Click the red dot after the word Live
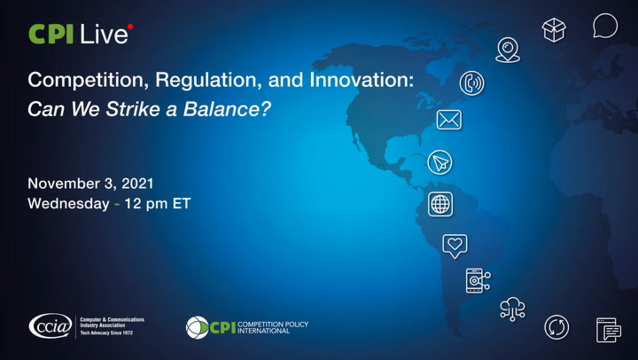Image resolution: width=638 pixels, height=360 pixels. (x=130, y=27)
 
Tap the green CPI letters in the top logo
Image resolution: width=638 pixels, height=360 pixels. (x=51, y=34)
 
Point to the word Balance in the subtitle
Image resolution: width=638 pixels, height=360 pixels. (x=222, y=109)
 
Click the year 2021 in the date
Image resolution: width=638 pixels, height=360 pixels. (x=137, y=183)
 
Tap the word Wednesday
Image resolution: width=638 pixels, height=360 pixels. (x=68, y=203)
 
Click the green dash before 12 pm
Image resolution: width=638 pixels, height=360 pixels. (x=117, y=204)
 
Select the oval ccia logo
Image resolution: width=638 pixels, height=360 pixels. (x=50, y=326)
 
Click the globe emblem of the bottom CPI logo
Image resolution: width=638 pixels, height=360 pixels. (x=197, y=327)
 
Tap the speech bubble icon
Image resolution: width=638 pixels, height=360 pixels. (x=605, y=25)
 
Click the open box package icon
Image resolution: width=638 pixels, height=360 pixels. (x=554, y=30)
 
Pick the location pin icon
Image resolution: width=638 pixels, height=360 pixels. (x=508, y=50)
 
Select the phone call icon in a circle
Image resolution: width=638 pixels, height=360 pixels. (x=472, y=83)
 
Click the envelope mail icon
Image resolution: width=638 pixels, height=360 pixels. (x=449, y=119)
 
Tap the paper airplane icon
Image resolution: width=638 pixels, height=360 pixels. (x=440, y=162)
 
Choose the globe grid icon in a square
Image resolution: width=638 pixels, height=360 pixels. (x=440, y=204)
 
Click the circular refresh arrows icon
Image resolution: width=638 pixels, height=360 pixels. (x=557, y=327)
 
